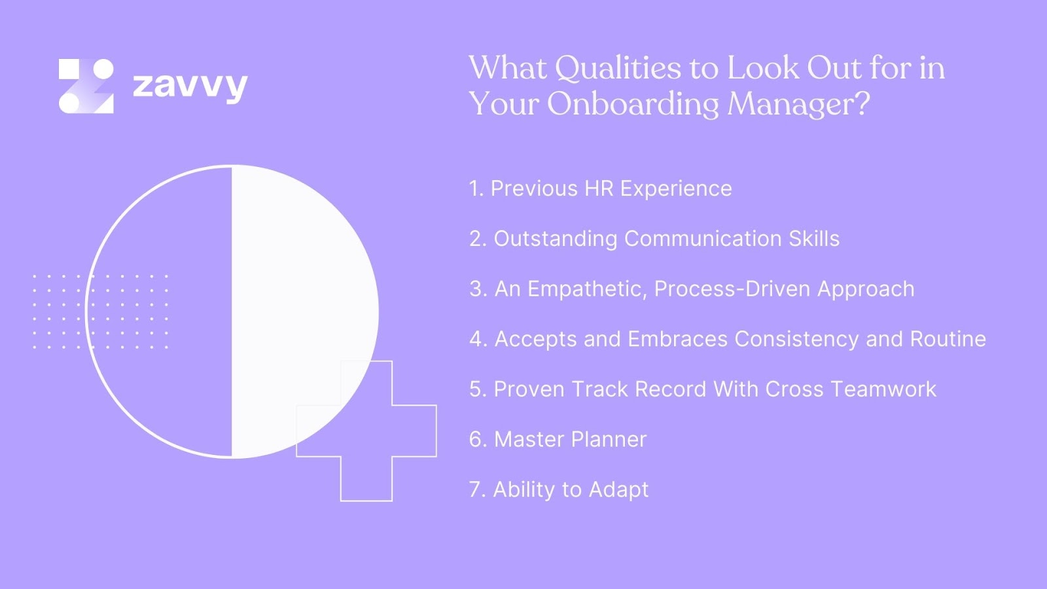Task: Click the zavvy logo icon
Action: coord(86,86)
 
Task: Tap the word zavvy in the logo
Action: coord(190,86)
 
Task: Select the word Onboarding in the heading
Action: coord(633,104)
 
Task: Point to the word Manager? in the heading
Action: coord(798,104)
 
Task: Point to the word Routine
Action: coord(948,339)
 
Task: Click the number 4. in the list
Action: coord(478,339)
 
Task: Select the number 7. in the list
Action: coord(478,490)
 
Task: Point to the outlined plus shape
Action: coord(366,458)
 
